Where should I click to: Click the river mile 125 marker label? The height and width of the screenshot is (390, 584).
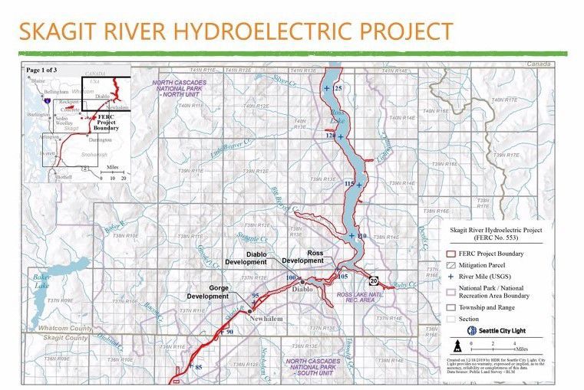pos(338,89)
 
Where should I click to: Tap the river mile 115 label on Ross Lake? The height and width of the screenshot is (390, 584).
pos(349,185)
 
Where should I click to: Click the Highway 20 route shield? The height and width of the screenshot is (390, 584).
pos(373,280)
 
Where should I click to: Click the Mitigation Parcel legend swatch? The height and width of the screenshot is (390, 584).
pos(452,263)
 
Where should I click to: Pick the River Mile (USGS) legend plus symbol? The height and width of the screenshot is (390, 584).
pos(452,274)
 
